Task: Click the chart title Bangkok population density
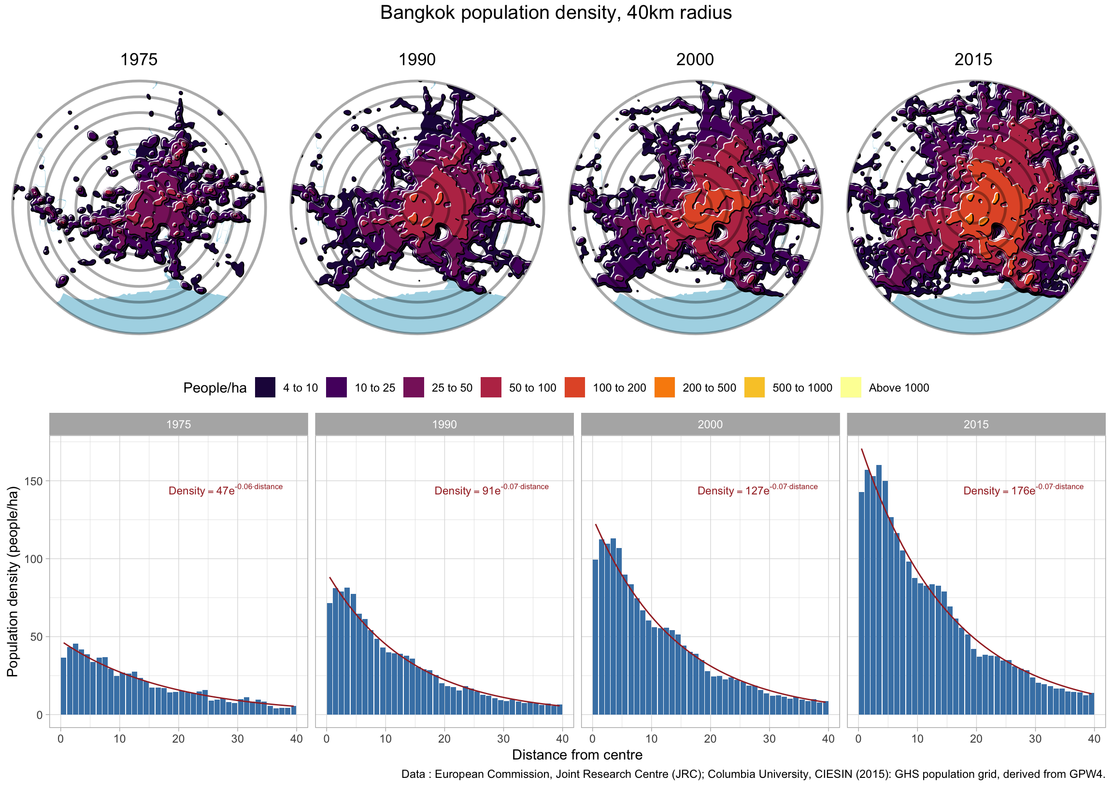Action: pos(555,13)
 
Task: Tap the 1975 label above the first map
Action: pos(139,60)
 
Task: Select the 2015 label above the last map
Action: pos(973,60)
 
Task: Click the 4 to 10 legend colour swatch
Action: pos(265,387)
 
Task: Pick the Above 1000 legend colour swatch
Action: pos(850,387)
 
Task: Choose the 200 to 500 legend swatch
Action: pos(665,387)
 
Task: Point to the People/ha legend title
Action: pos(214,388)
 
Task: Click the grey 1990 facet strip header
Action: pos(444,424)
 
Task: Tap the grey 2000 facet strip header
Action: pos(710,424)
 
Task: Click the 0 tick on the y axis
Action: pos(39,715)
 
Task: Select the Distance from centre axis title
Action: pos(577,755)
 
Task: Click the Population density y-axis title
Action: pos(13,582)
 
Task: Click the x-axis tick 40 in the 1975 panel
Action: pos(296,739)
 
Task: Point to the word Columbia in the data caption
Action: pos(733,774)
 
